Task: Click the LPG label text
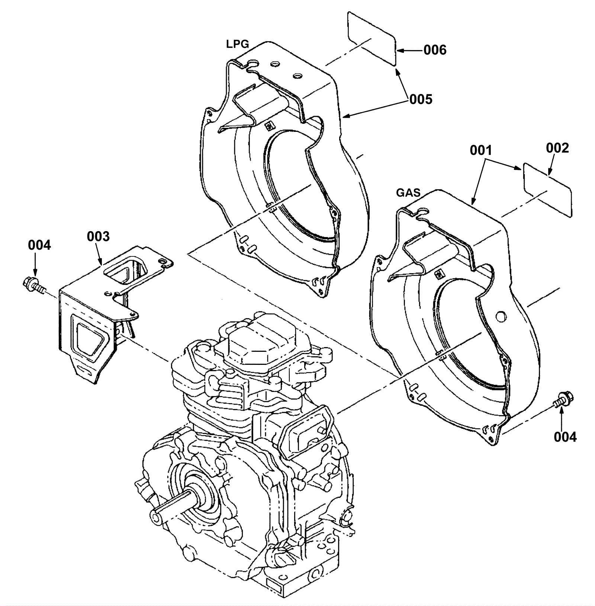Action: point(237,44)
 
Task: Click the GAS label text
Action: point(408,193)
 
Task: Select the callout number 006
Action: point(435,50)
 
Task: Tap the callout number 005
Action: point(421,99)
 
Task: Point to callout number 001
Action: point(481,150)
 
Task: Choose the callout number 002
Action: point(557,148)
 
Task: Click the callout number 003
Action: point(99,236)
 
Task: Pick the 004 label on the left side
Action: point(39,245)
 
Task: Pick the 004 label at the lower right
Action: point(565,437)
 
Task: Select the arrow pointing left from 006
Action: point(409,50)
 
